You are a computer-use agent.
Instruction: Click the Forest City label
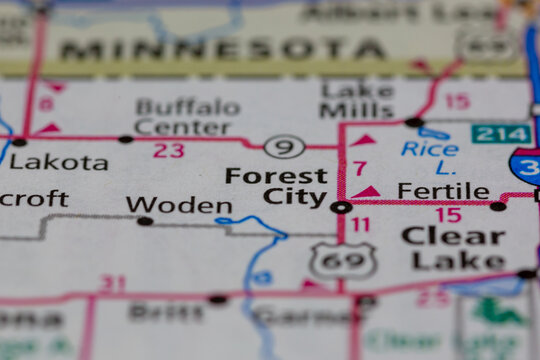coord(276,186)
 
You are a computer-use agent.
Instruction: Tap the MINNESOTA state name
coord(222,49)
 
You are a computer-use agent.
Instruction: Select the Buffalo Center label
coord(187,117)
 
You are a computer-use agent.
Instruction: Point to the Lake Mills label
coord(357,98)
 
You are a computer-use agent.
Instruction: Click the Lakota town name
coord(59,162)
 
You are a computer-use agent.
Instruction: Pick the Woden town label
coord(179,205)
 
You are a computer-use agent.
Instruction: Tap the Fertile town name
coord(443,190)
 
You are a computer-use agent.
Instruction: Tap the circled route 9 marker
coord(284,148)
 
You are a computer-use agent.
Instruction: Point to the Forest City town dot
coord(341,207)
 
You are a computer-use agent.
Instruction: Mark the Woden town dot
coord(145,220)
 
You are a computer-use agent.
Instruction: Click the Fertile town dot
coord(497,206)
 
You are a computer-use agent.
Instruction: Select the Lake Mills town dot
coord(414,122)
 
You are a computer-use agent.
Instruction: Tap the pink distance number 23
coord(168,151)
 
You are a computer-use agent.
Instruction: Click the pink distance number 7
coord(360,168)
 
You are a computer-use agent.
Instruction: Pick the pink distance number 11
coord(360,225)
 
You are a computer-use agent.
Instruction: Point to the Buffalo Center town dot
coord(125,139)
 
